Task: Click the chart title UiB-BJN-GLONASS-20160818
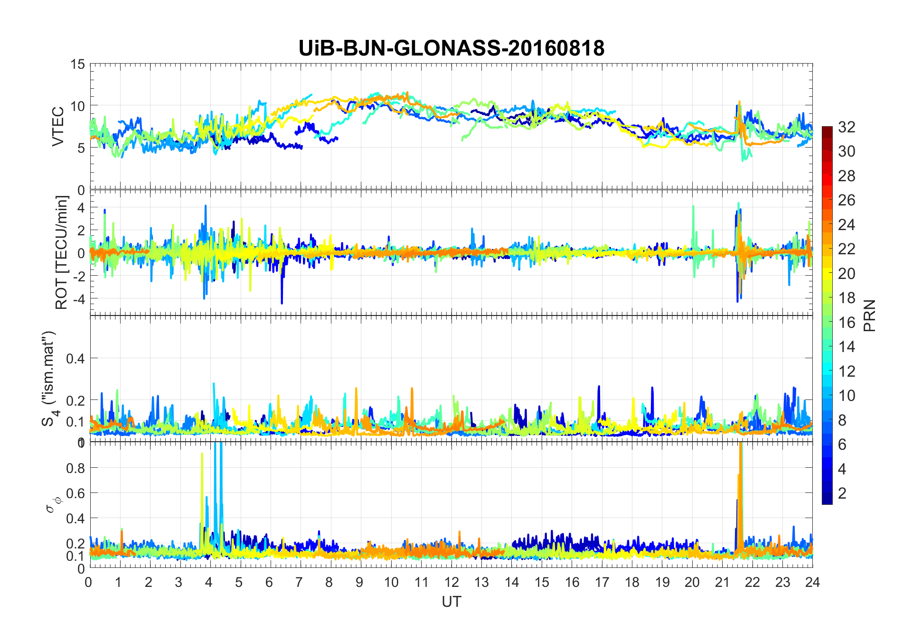(451, 48)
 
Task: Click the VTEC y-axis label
(58, 127)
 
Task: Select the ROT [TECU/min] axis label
(62, 252)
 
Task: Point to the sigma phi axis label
(51, 504)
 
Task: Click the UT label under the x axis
(451, 602)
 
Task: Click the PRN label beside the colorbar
(870, 315)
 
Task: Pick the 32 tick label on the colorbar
(847, 127)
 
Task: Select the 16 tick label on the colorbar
(847, 323)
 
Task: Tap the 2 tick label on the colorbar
(842, 493)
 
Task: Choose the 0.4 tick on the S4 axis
(75, 358)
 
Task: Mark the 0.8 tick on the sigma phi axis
(75, 468)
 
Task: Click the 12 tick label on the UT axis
(451, 582)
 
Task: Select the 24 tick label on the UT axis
(812, 582)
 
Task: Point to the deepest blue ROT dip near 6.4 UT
(282, 302)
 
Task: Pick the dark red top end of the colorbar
(827, 130)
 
